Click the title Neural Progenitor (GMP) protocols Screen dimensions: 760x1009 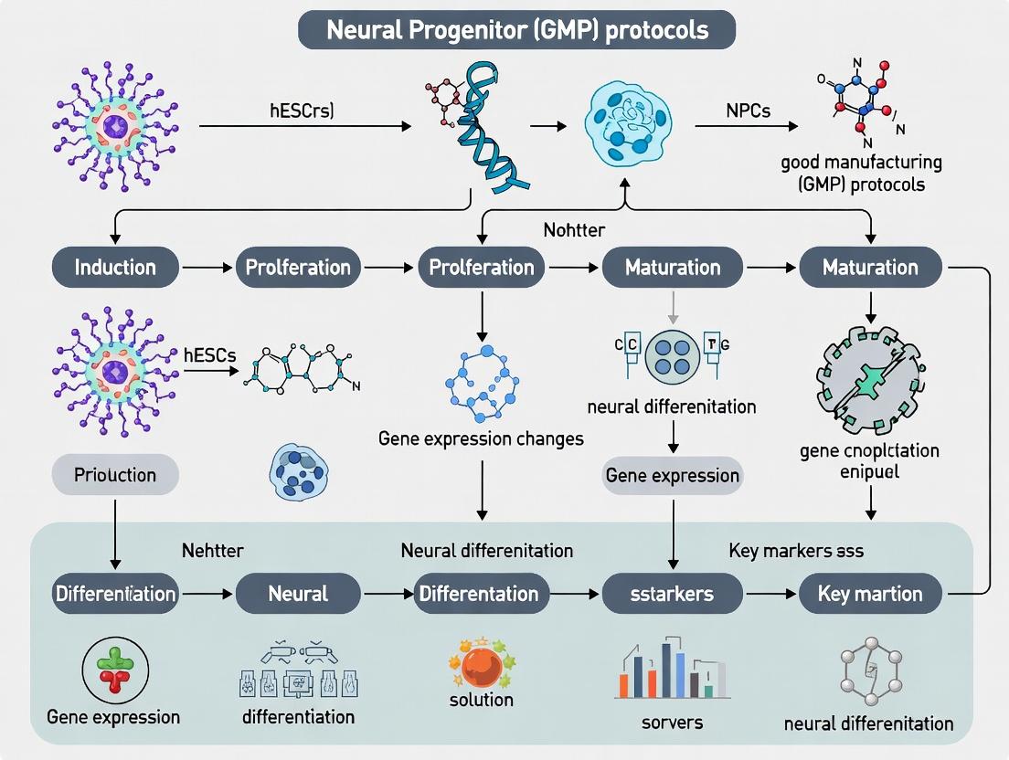[516, 29]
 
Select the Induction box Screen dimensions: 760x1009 [115, 268]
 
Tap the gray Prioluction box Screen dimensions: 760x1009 [115, 475]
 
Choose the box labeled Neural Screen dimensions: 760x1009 [298, 594]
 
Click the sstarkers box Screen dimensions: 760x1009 [672, 594]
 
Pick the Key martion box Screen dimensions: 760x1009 [870, 594]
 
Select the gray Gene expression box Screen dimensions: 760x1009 [673, 475]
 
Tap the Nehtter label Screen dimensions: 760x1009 [213, 551]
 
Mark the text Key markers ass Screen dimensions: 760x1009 [796, 551]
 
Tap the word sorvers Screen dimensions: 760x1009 [673, 722]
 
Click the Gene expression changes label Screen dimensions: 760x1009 [481, 438]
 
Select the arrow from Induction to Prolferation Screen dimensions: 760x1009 [196, 268]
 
